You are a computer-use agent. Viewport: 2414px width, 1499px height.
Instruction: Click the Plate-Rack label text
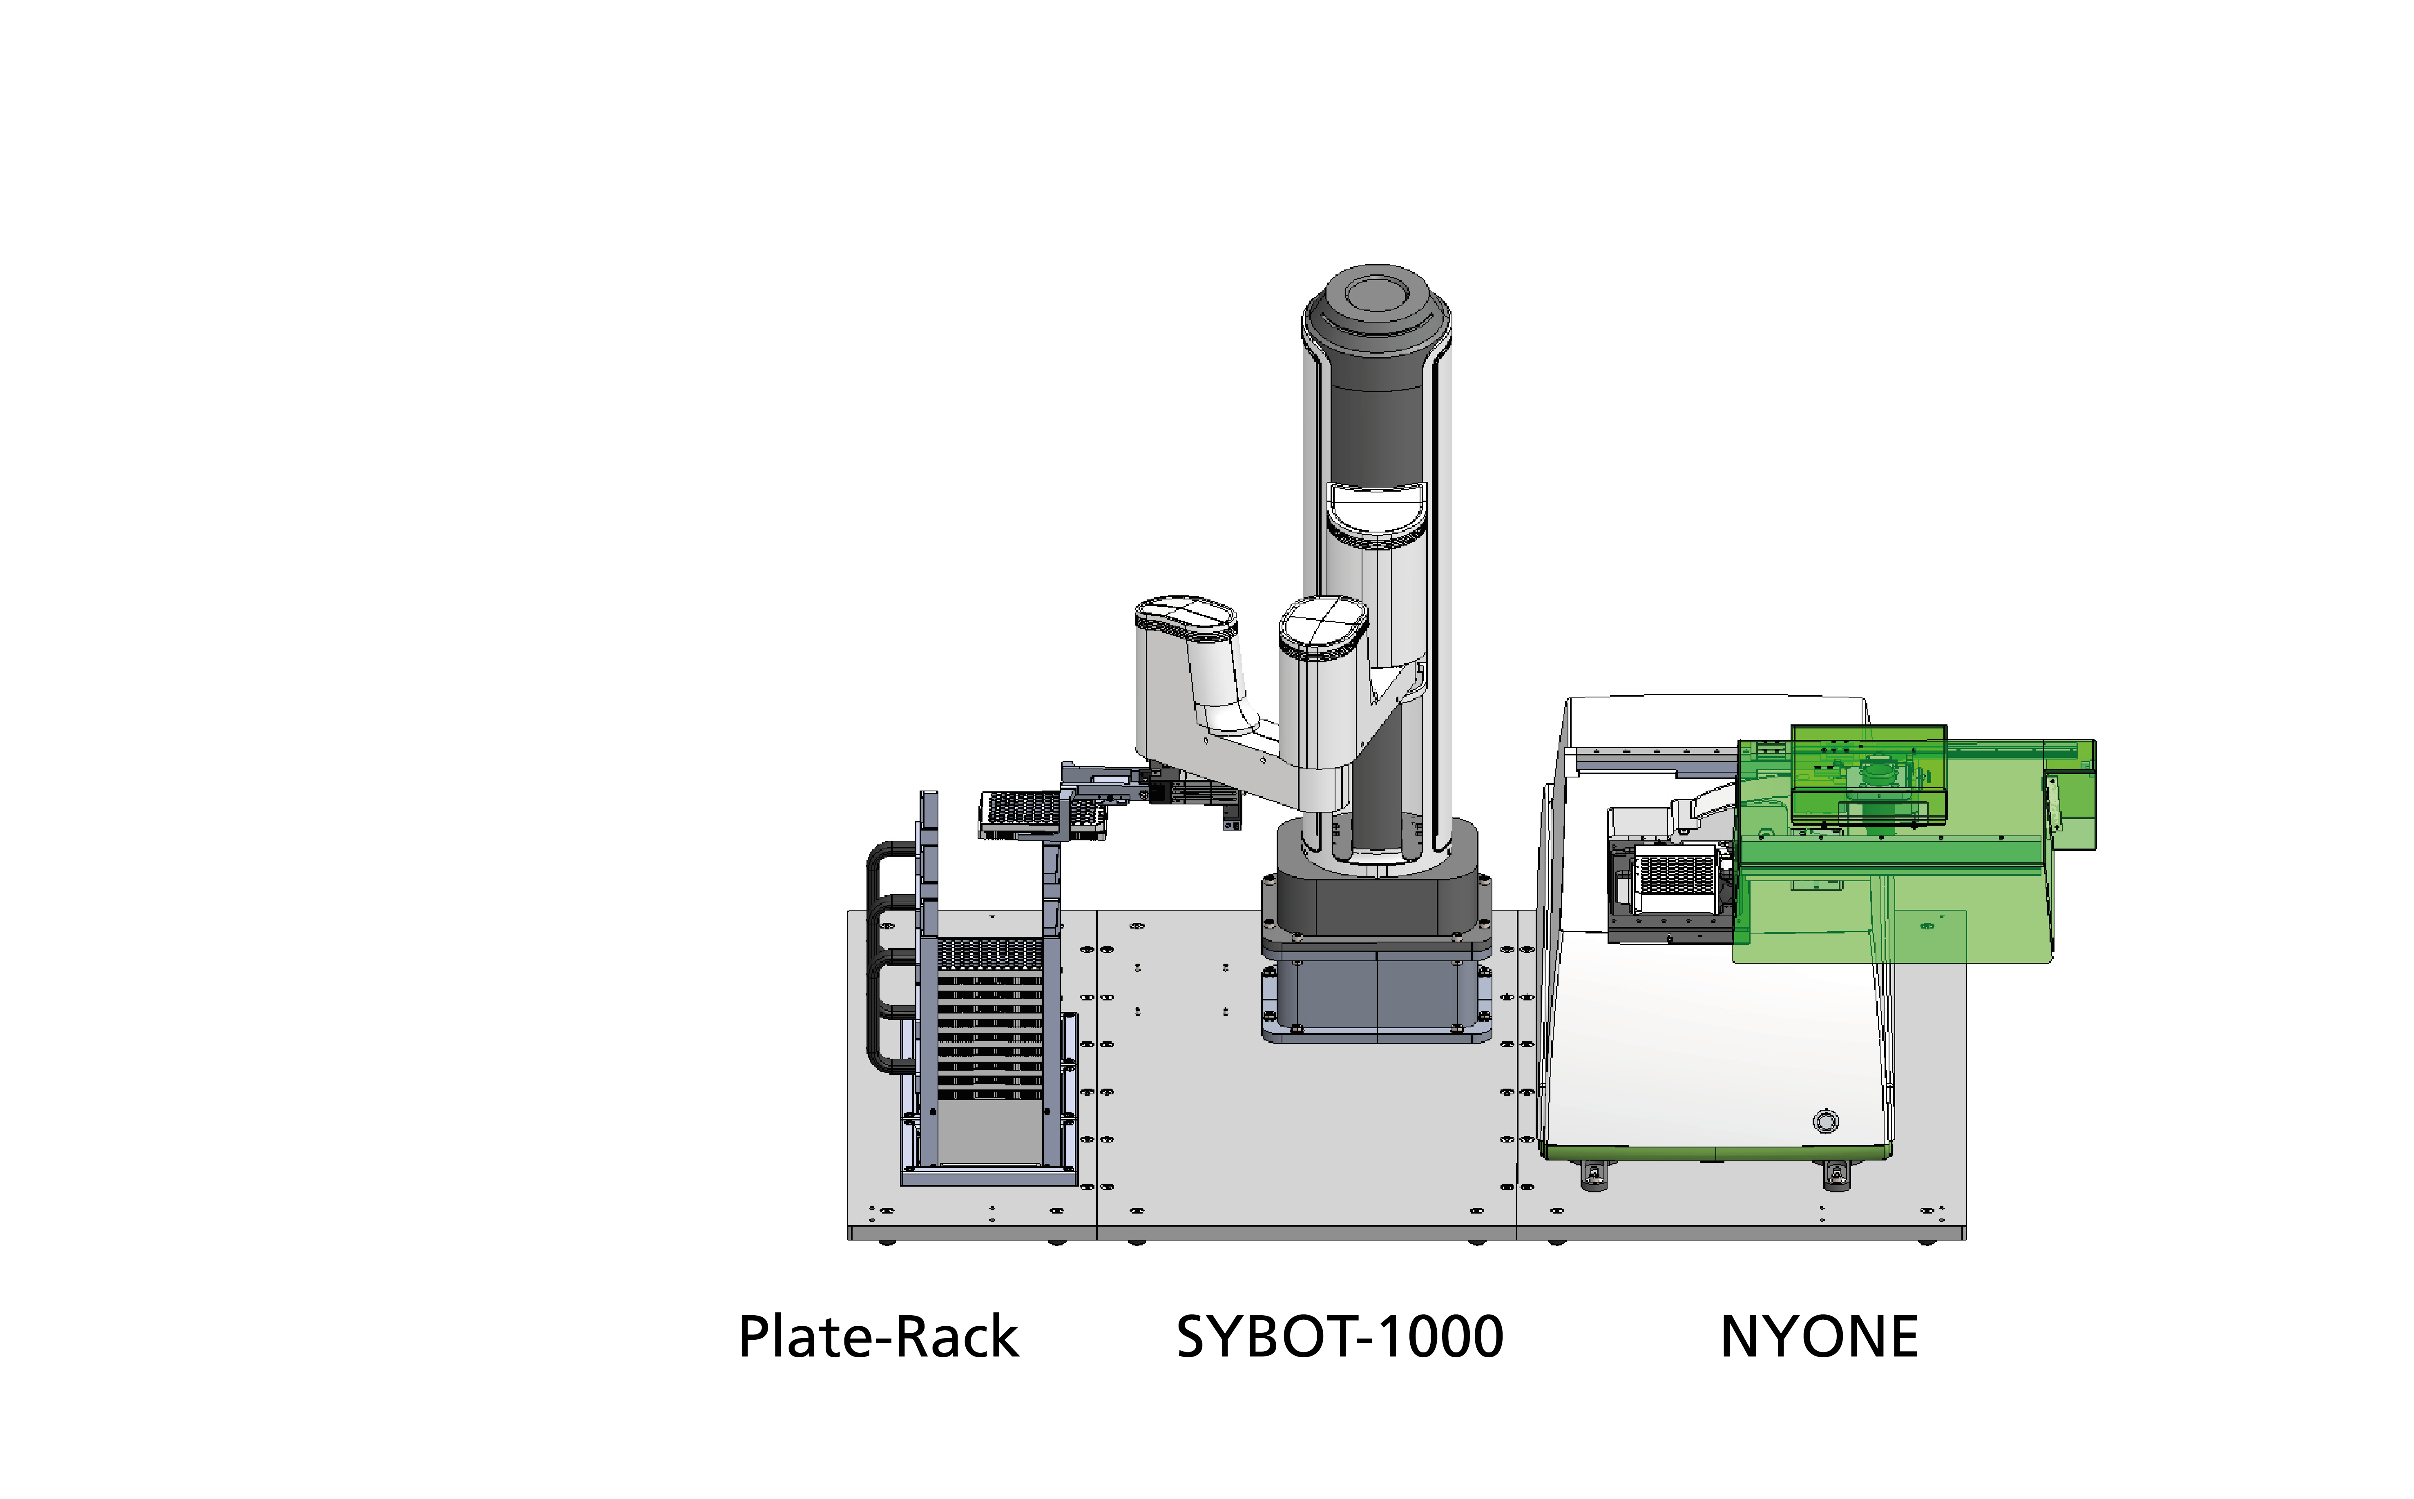tap(879, 1337)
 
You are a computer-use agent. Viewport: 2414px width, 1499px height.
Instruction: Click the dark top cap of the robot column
tap(1377, 303)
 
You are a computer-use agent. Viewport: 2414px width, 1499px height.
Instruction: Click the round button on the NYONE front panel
tap(1825, 1121)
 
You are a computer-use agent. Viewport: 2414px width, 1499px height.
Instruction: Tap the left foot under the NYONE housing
tap(1594, 1175)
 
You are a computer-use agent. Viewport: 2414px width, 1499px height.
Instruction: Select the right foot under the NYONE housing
tap(1837, 1175)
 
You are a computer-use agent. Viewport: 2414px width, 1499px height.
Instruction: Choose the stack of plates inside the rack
tap(990, 1021)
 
